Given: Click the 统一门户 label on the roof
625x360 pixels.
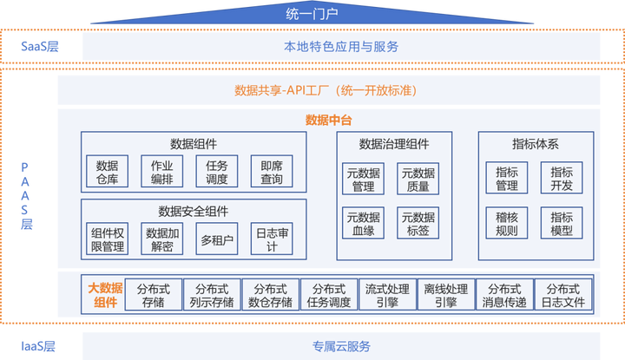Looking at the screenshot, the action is pyautogui.click(x=312, y=14).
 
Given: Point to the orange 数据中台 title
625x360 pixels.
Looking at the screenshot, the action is pyautogui.click(x=328, y=120).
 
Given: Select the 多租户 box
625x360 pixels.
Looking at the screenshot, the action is pyautogui.click(x=216, y=239).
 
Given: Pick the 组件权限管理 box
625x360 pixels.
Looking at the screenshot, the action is pyautogui.click(x=108, y=239).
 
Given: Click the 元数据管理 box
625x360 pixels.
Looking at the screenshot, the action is pyautogui.click(x=359, y=178).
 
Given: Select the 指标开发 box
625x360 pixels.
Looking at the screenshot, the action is pyautogui.click(x=561, y=177).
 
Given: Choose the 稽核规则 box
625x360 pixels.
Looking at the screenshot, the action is pyautogui.click(x=506, y=222).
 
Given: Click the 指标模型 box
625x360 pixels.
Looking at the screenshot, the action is pyautogui.click(x=561, y=222).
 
